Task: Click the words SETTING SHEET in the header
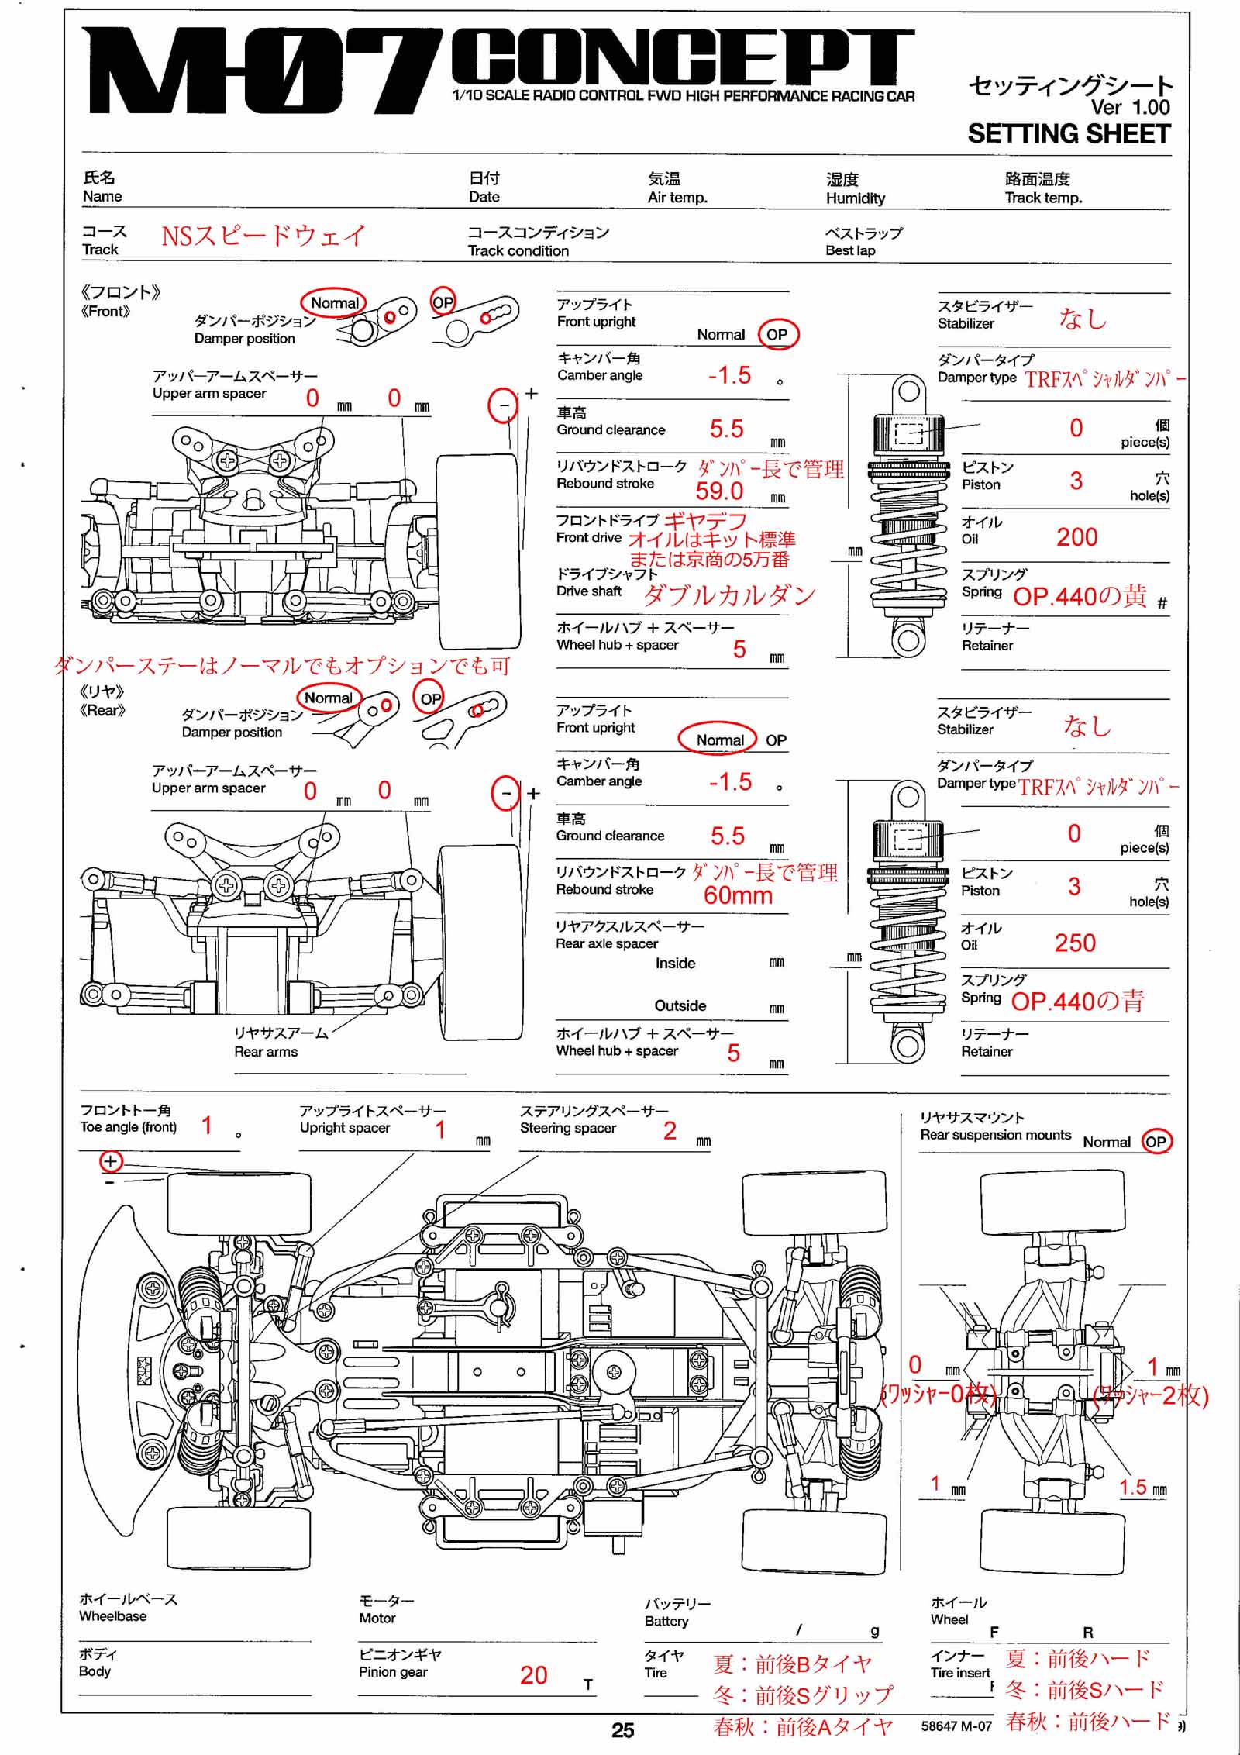click(1069, 134)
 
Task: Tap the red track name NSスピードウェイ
click(263, 235)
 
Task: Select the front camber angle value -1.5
click(729, 376)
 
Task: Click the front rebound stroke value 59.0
click(719, 491)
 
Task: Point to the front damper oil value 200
click(1076, 537)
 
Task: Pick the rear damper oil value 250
click(1075, 943)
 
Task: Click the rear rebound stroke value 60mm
click(738, 896)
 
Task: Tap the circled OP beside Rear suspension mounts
click(1155, 1142)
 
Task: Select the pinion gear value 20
click(534, 1675)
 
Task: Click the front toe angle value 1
click(207, 1126)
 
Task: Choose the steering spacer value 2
click(670, 1131)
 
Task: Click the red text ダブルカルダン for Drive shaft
click(729, 595)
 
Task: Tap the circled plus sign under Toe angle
click(111, 1161)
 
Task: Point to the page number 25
click(622, 1730)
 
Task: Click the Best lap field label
click(850, 250)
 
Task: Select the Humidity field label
click(855, 198)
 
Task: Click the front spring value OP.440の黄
click(1080, 596)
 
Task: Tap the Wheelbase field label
click(112, 1616)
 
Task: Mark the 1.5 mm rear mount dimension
click(1132, 1487)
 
